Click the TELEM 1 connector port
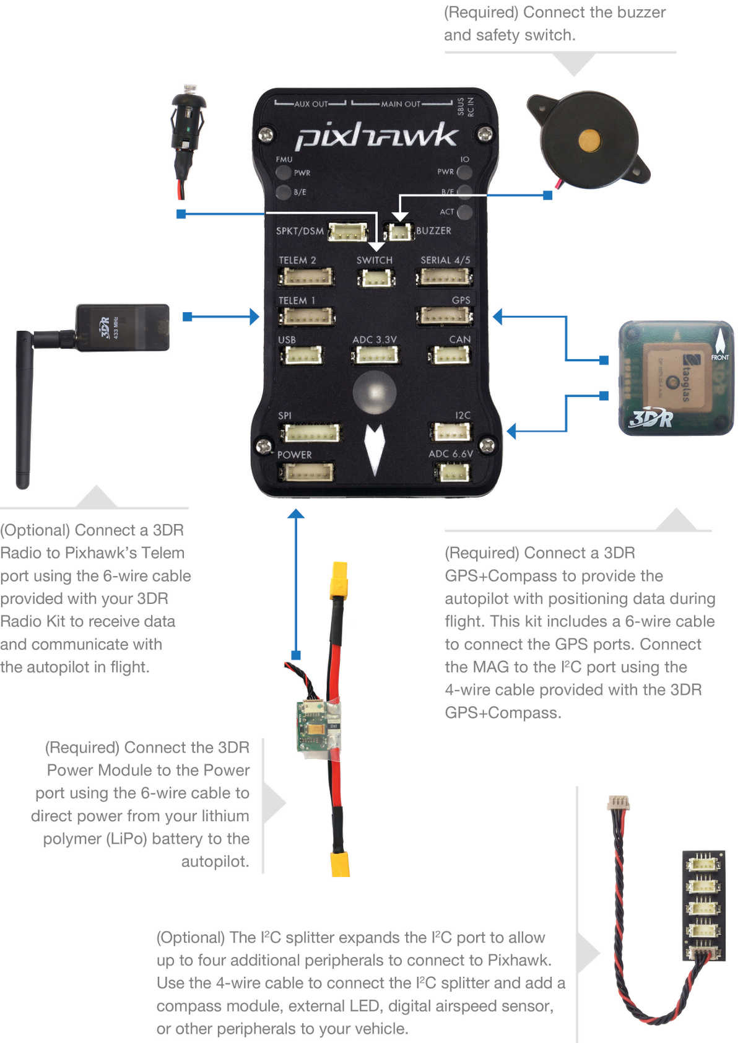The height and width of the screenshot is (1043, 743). point(306,316)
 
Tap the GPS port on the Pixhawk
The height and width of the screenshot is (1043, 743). point(445,316)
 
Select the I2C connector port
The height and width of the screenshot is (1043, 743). point(452,432)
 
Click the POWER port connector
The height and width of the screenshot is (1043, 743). point(306,473)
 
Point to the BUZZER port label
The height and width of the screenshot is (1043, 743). point(433,231)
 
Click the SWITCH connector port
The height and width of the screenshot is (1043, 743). point(374,278)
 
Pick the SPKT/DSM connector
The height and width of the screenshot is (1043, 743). point(347,232)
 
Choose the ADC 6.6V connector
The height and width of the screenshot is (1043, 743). point(454,473)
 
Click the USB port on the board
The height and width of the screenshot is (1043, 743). point(302,356)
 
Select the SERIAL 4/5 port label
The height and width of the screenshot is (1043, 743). point(445,260)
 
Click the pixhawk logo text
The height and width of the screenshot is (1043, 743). point(376,136)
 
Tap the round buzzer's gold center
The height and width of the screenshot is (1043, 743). point(589,141)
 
